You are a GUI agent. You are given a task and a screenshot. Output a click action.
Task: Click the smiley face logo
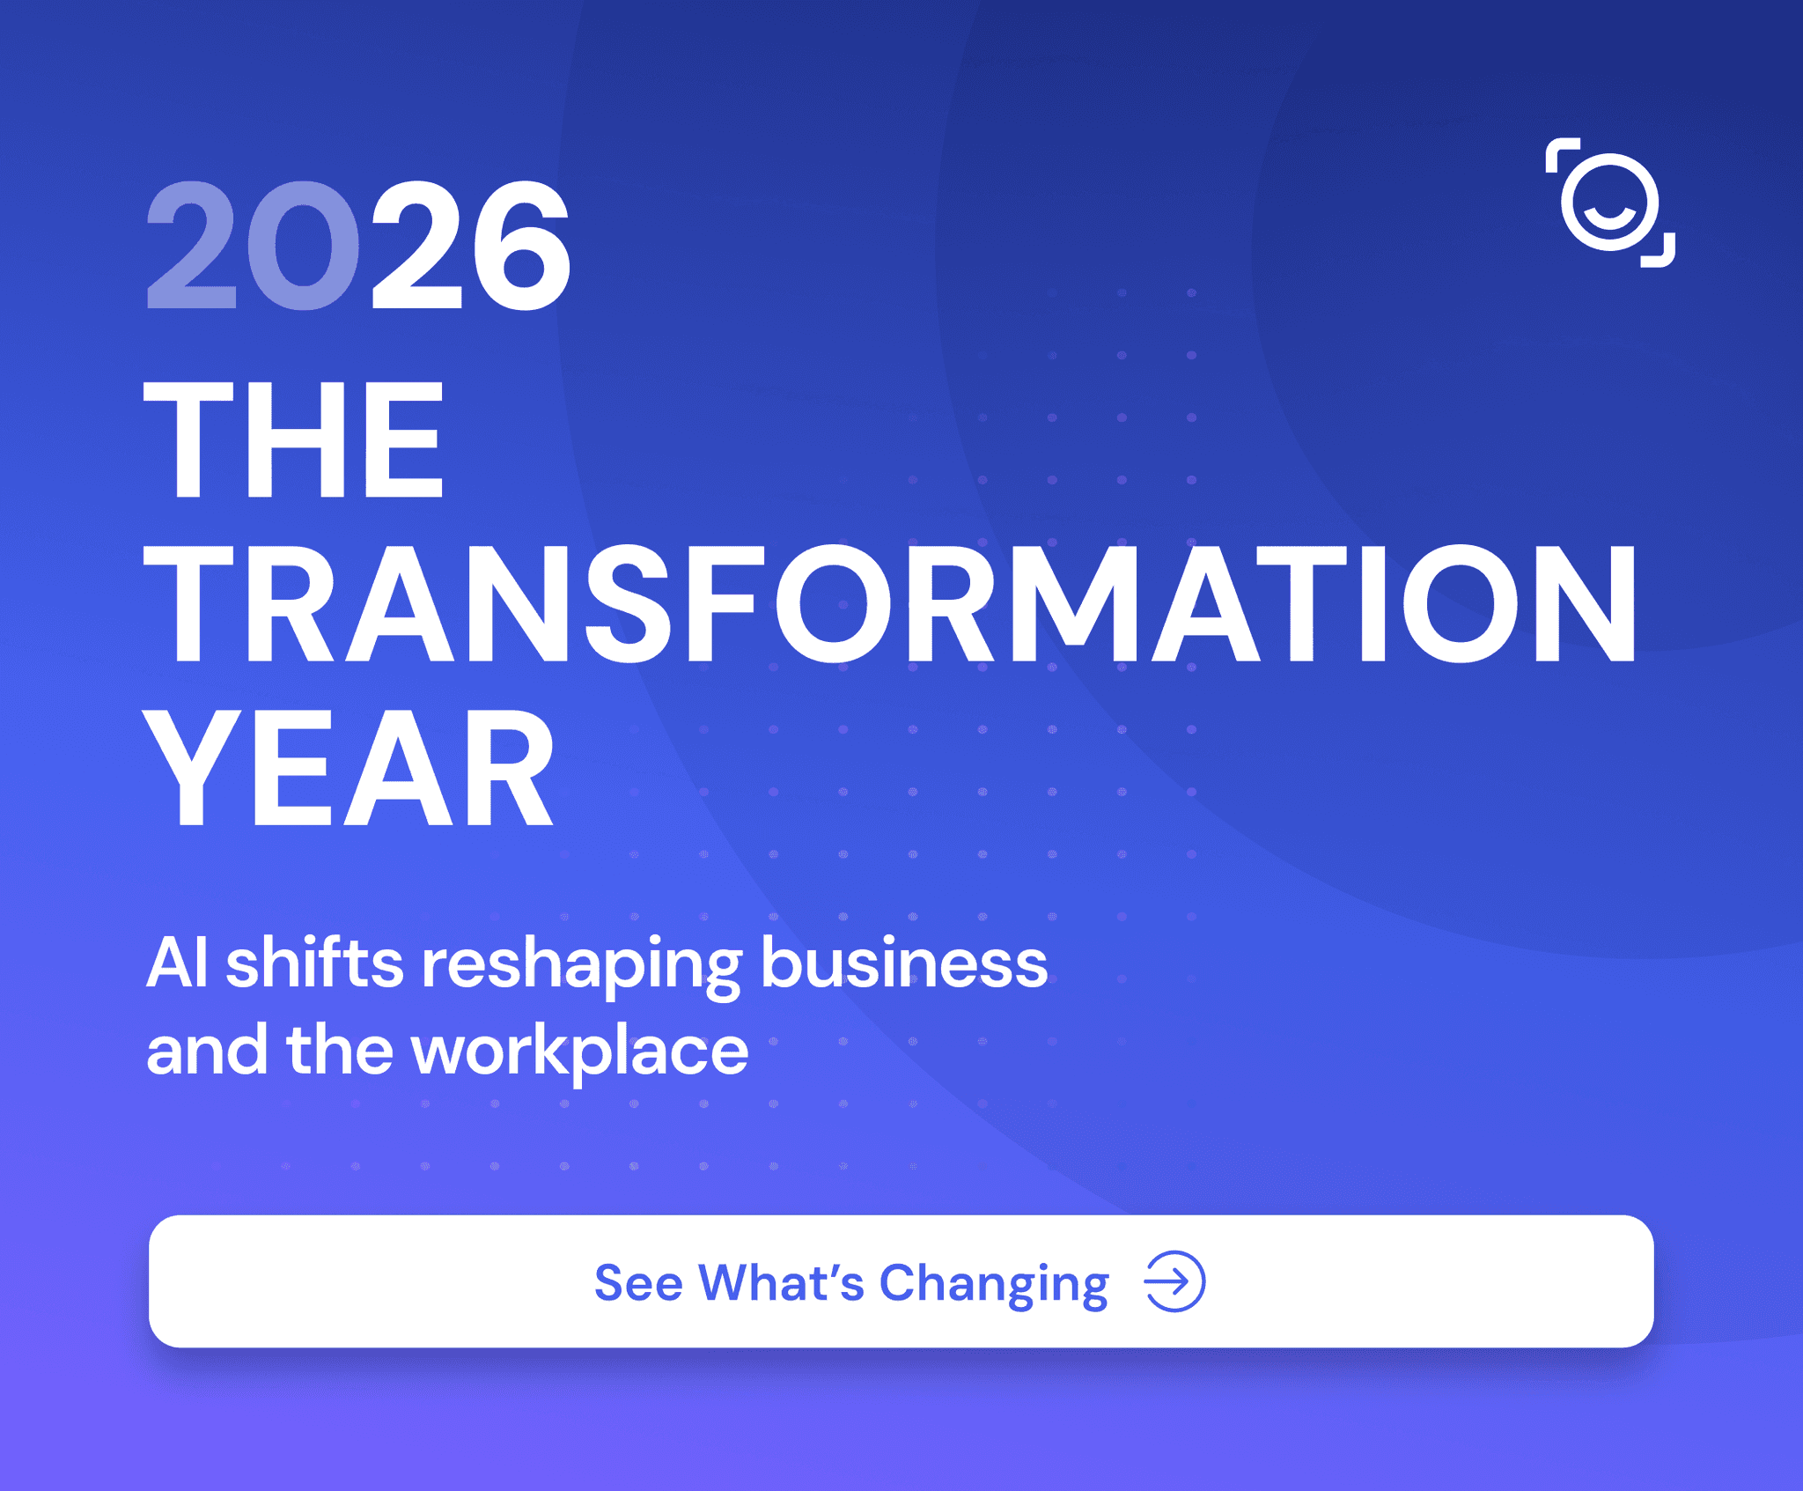click(x=1610, y=203)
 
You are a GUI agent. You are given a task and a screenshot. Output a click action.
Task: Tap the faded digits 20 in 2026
click(x=253, y=246)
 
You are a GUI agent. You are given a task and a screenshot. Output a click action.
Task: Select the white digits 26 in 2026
click(x=471, y=246)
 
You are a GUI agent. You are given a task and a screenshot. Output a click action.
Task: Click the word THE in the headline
click(x=293, y=440)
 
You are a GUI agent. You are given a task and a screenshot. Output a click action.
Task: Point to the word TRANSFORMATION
click(x=890, y=604)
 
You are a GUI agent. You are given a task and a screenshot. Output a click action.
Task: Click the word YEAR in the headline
click(x=349, y=769)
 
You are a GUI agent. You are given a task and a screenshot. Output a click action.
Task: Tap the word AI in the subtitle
click(x=177, y=963)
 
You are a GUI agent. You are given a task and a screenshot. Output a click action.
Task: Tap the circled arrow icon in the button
click(x=1174, y=1281)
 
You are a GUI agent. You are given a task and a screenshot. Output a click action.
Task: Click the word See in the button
click(x=638, y=1282)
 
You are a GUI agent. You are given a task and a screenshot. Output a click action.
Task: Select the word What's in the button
click(x=782, y=1282)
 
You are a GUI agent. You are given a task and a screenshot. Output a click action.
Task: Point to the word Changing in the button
click(x=994, y=1287)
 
